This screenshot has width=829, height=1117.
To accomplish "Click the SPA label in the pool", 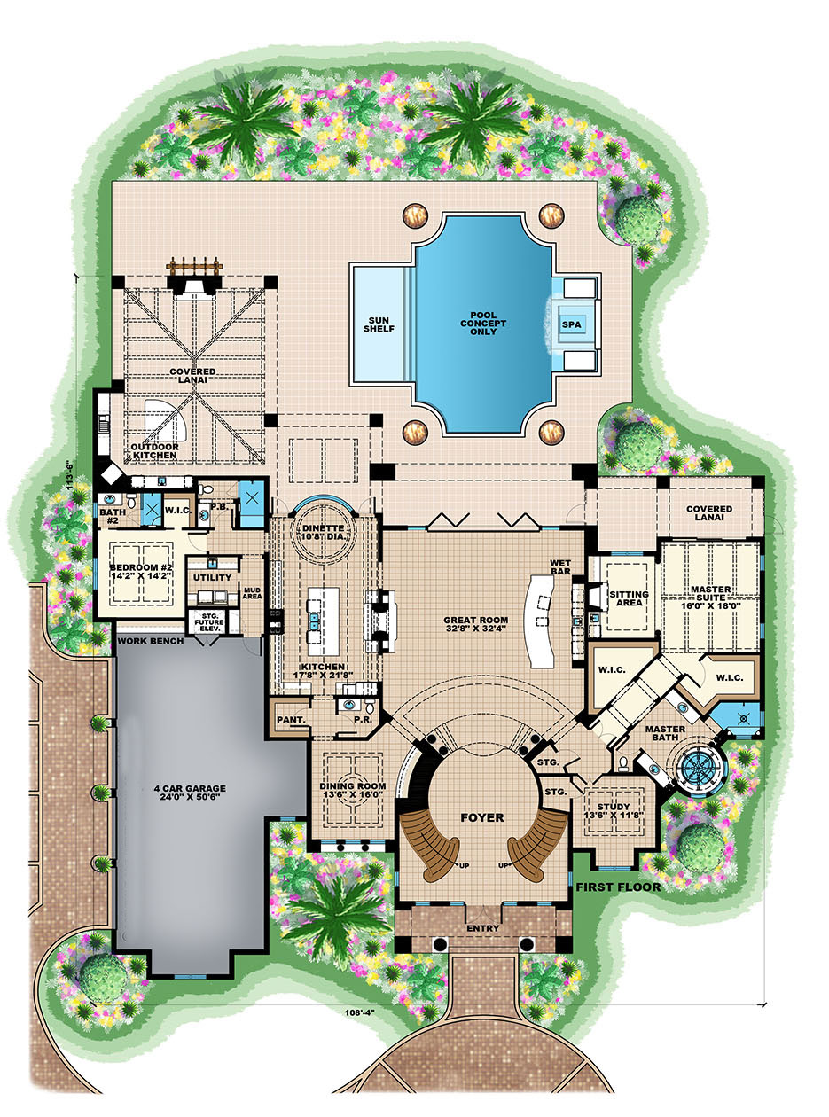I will (569, 324).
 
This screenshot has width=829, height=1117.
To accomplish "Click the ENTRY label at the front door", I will (482, 928).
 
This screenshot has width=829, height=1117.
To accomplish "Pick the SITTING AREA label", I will (628, 598).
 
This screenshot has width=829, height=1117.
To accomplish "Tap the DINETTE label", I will (324, 532).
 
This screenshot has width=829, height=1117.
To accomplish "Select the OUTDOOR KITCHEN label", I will (156, 451).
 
